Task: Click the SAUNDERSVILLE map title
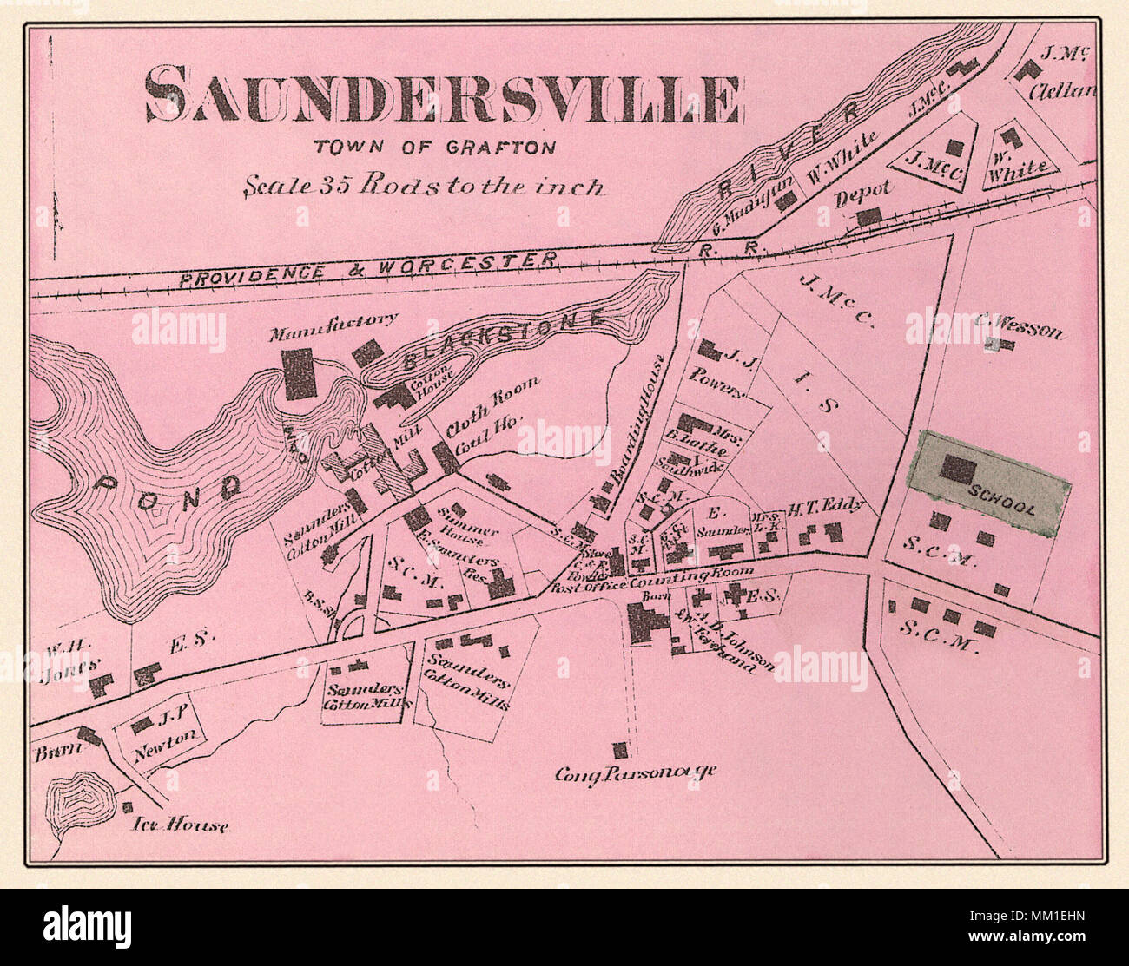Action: click(x=441, y=97)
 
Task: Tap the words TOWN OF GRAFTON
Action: click(x=434, y=148)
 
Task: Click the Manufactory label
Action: click(x=333, y=323)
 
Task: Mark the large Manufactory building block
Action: click(x=299, y=373)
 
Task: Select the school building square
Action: click(x=959, y=470)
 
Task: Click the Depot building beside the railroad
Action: click(x=869, y=216)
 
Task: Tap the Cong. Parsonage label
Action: click(x=636, y=773)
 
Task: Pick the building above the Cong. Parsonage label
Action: click(x=620, y=750)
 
